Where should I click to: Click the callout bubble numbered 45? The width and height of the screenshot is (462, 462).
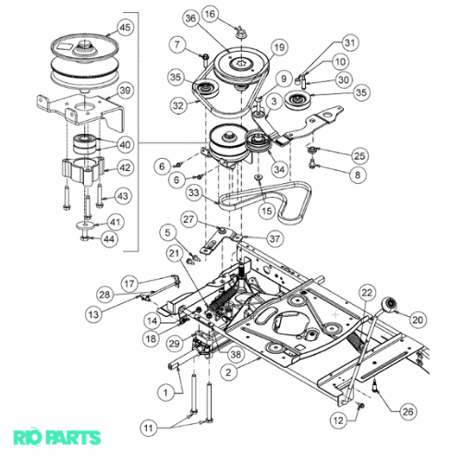point(125,28)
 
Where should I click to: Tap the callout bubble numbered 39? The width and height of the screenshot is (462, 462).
point(125,91)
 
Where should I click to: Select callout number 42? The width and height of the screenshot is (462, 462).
point(125,168)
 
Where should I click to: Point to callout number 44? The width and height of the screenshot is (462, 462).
point(109,239)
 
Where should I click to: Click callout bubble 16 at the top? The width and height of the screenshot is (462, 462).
point(210,14)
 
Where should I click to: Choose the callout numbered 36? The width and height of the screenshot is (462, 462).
point(191,18)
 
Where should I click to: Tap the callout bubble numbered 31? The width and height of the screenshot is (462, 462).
point(350,43)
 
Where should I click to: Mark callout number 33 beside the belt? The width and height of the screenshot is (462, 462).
point(194,193)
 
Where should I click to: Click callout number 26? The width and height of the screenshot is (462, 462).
point(408,411)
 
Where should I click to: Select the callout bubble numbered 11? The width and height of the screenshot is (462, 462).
point(149,428)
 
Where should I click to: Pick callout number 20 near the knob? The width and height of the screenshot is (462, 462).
point(418,320)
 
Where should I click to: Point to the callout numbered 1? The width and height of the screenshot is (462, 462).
point(165,393)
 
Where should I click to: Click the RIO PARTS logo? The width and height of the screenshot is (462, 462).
point(57,438)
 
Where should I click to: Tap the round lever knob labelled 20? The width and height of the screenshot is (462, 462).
point(389,305)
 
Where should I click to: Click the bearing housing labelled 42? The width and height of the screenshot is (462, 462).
point(82,170)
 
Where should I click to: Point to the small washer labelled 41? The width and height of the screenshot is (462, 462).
point(85,225)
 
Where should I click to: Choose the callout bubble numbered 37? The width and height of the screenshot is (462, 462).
point(274,238)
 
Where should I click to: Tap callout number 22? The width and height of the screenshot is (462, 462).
point(367,293)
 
